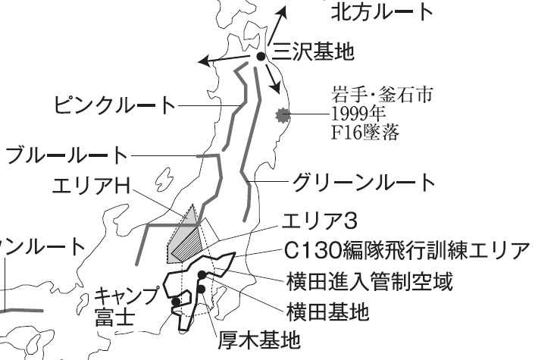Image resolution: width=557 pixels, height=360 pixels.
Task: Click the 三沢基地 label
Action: [313, 52]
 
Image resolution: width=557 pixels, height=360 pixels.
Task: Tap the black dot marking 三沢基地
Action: [261, 56]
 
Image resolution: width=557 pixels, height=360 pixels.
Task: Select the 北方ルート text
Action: [382, 11]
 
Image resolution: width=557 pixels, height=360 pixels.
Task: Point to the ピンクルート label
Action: [114, 105]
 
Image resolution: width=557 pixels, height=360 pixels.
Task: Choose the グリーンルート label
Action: [364, 182]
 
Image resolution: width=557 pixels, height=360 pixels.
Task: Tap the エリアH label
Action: [91, 185]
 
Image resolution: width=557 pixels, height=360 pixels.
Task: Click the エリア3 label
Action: [319, 221]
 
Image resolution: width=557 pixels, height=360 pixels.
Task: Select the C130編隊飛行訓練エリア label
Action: [407, 251]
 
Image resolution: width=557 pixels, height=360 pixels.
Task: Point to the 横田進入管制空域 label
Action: [370, 282]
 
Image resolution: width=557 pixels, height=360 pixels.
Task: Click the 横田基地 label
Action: [328, 312]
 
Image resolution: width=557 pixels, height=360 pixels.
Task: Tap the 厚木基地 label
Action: [259, 340]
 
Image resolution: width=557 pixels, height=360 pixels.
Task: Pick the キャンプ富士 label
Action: [126, 306]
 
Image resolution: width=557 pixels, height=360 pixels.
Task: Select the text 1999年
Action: [358, 114]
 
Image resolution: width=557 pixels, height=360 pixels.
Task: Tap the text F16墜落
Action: [365, 132]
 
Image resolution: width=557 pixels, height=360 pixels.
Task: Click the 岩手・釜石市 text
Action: [382, 95]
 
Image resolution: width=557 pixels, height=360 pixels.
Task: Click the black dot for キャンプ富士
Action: [176, 302]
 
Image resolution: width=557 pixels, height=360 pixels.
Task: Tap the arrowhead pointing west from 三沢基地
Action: [204, 61]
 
